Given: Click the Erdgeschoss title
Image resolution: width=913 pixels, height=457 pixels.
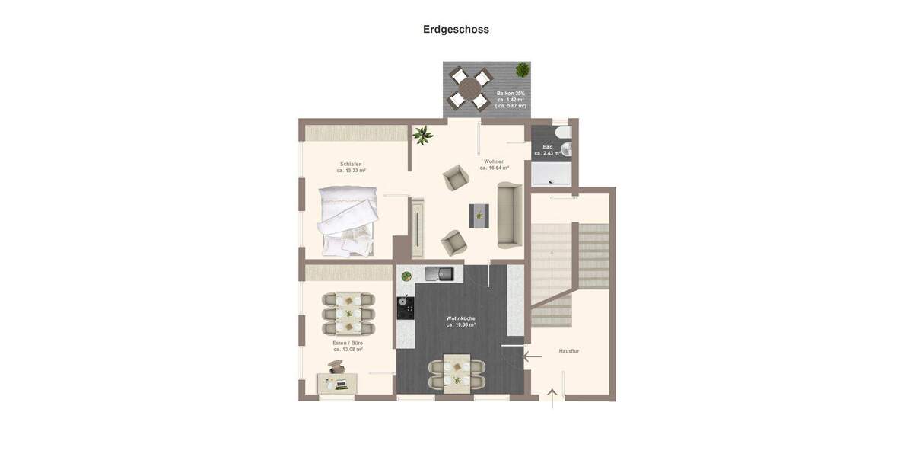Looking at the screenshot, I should click(x=456, y=30).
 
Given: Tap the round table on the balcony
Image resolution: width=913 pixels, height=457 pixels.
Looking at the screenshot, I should click(x=469, y=88).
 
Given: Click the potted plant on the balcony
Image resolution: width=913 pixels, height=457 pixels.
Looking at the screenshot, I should click(x=522, y=70).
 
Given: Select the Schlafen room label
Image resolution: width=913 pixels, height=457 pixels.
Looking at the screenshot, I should click(x=351, y=164).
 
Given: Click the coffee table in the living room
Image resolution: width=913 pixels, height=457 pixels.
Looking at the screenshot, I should click(x=479, y=216).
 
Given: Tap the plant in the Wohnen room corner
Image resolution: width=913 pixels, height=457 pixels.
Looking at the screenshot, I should click(x=422, y=136).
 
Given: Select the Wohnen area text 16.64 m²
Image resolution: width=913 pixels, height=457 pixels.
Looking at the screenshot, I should click(x=495, y=168).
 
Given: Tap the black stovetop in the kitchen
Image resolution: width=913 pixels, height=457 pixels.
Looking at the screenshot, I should click(x=406, y=308).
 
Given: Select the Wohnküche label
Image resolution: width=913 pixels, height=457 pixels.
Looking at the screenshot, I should click(x=461, y=318).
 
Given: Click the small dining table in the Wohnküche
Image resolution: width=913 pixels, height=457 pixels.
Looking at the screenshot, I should click(x=457, y=372).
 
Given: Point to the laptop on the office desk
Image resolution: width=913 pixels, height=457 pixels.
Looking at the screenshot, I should click(x=340, y=383).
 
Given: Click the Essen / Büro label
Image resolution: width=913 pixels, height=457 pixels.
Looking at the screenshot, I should click(x=348, y=343).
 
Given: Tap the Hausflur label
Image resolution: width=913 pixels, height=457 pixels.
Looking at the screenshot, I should click(x=569, y=351).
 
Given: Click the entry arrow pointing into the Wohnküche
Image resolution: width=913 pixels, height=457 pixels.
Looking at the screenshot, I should click(x=532, y=354).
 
